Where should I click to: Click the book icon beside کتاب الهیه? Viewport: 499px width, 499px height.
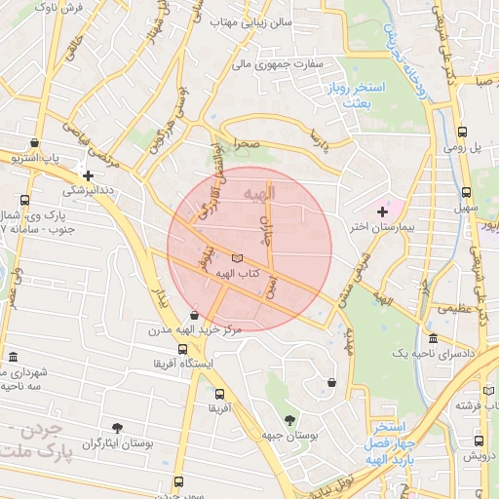tap(238, 258)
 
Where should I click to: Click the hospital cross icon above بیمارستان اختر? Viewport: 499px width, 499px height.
tap(382, 211)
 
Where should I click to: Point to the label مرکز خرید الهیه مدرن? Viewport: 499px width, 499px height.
tap(194, 331)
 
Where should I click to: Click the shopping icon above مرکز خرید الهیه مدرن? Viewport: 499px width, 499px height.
tap(195, 315)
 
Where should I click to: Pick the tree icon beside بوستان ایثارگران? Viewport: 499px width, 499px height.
tap(118, 428)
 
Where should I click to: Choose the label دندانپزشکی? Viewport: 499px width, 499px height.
tap(90, 191)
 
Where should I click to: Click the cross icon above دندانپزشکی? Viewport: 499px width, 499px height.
tap(88, 175)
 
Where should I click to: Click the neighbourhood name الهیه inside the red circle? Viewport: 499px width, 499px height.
tap(259, 193)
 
